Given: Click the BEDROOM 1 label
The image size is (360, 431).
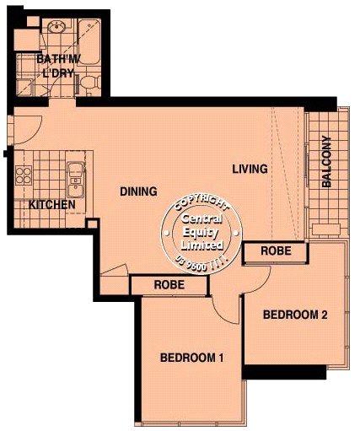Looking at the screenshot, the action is pyautogui.click(x=191, y=358).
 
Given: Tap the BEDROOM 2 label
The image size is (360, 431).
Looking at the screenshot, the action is pyautogui.click(x=295, y=315).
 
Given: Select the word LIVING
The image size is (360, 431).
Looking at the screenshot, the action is pyautogui.click(x=250, y=169).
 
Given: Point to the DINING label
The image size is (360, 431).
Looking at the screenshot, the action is pyautogui.click(x=138, y=191).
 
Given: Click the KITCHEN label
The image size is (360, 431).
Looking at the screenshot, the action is pyautogui.click(x=52, y=205).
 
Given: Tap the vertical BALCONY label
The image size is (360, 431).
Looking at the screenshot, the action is pyautogui.click(x=326, y=161).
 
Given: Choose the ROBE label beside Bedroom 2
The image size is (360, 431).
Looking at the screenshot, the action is pyautogui.click(x=276, y=251).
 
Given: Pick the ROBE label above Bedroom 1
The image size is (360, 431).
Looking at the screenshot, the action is pyautogui.click(x=169, y=285).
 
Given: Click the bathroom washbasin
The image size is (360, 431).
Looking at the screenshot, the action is pyautogui.click(x=57, y=27).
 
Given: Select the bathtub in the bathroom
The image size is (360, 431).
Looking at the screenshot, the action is pyautogui.click(x=89, y=41).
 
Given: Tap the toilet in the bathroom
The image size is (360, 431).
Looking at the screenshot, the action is pyautogui.click(x=90, y=82).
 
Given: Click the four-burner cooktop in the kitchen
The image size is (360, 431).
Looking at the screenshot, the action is pyautogui.click(x=24, y=175).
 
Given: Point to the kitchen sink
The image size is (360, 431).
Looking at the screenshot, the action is pyautogui.click(x=75, y=180).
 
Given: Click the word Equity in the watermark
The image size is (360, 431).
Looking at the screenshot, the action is pyautogui.click(x=201, y=233).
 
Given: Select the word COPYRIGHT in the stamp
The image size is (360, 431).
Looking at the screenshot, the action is pyautogui.click(x=201, y=202).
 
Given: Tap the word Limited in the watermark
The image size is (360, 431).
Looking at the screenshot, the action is pyautogui.click(x=202, y=245).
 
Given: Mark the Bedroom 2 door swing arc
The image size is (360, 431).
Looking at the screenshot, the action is pyautogui.click(x=262, y=284).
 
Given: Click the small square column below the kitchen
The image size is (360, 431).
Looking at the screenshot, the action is pyautogui.click(x=92, y=224).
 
